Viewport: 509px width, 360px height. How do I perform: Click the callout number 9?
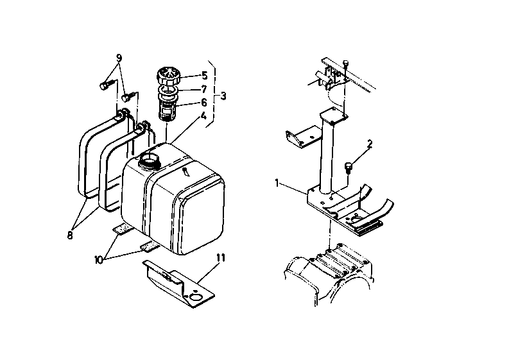[x=119, y=58]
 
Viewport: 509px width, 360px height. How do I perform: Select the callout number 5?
[x=205, y=76]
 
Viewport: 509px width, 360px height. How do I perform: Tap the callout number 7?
[x=204, y=89]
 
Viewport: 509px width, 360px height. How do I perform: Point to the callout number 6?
[x=204, y=103]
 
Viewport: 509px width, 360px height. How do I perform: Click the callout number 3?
[x=223, y=96]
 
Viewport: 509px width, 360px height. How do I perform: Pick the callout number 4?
[x=203, y=116]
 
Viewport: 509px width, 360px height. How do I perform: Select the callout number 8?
[x=70, y=236]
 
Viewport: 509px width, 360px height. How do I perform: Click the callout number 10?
[x=99, y=260]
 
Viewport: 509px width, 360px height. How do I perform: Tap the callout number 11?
[x=221, y=258]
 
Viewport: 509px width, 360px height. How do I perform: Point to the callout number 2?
[x=370, y=144]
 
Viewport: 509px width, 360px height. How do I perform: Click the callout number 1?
[x=277, y=184]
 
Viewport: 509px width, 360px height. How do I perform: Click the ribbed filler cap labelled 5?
[x=168, y=76]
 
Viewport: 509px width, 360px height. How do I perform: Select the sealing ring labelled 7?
[x=168, y=90]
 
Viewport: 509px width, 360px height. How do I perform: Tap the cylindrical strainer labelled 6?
[x=168, y=107]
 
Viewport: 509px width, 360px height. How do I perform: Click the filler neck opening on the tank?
[x=150, y=159]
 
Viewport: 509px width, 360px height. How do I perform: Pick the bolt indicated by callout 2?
[x=348, y=167]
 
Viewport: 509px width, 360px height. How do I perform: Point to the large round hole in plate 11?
[x=196, y=297]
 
